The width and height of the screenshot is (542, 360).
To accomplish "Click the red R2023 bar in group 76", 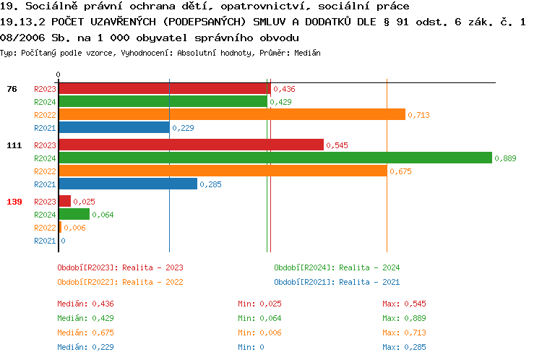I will pos(164,89).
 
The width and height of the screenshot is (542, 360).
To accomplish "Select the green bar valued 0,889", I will pos(275,158).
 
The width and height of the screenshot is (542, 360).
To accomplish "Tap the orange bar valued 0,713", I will pos(231,114).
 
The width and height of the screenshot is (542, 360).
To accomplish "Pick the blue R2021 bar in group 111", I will pos(127,184).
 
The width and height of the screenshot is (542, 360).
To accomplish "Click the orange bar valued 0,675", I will pos(222,171).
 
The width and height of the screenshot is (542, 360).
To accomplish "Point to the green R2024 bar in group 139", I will pos(74,215).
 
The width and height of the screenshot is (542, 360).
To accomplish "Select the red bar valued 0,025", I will pos(64,202).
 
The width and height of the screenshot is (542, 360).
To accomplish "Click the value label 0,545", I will pos(337,145).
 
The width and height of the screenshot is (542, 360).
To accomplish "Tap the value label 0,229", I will pos(183,128).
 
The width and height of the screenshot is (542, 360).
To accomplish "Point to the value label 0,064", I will pos(103,215).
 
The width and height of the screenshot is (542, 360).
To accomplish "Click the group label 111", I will pos(14,145).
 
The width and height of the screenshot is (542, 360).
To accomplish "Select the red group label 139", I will pos(14,202).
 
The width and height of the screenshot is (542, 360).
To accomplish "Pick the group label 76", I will pos(12,89).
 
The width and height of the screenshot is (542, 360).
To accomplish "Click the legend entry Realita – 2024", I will pos(337,267).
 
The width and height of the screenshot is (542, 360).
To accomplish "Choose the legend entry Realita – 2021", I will pos(337,282).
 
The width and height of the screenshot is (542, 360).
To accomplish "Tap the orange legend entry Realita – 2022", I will pos(120,282).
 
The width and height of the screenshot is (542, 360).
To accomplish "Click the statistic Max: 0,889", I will pos(405,318).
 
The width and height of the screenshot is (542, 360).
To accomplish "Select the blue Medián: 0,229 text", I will pos(86,347).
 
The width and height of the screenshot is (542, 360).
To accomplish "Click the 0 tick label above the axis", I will pos(59,74).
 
